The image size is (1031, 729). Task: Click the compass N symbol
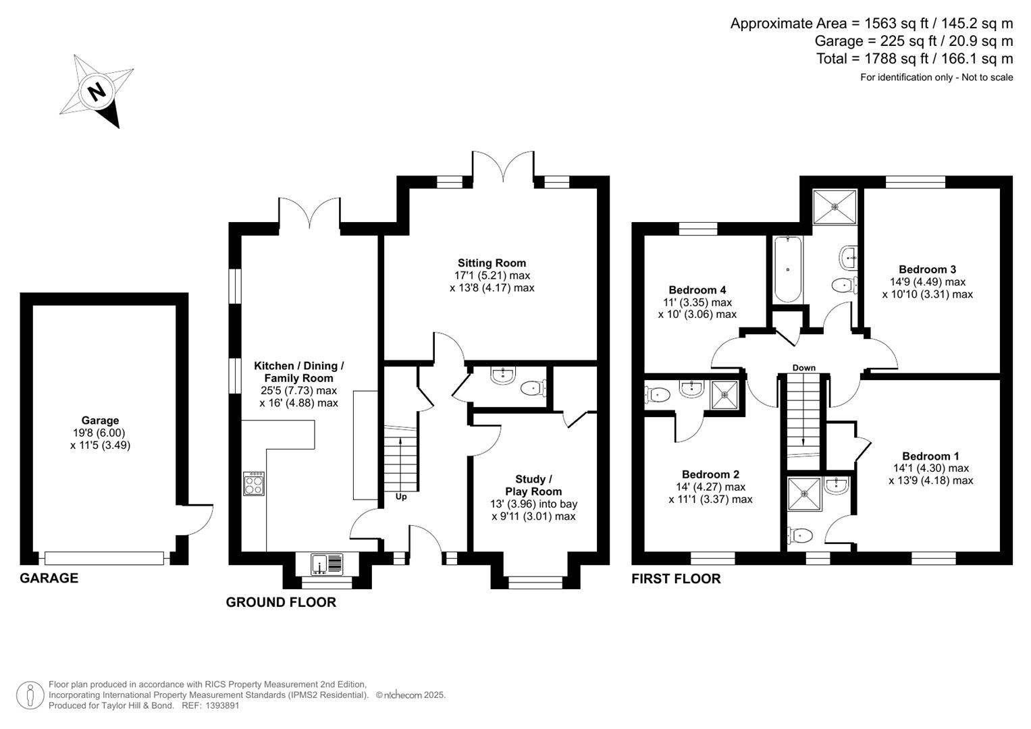click(97, 91)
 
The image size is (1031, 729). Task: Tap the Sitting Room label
click(492, 263)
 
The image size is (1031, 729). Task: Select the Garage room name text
click(100, 421)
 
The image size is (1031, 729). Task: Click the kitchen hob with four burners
click(254, 483)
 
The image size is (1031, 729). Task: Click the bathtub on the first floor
click(787, 269)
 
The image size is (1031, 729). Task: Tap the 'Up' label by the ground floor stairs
click(401, 497)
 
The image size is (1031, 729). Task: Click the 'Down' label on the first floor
click(803, 368)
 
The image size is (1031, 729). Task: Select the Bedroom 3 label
click(927, 269)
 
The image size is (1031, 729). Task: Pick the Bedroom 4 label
click(697, 290)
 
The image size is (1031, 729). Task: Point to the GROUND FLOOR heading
click(281, 602)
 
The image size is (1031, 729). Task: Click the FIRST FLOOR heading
click(676, 578)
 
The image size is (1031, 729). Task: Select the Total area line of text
click(914, 59)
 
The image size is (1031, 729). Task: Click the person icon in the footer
click(30, 695)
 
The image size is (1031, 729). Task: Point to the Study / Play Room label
click(533, 485)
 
